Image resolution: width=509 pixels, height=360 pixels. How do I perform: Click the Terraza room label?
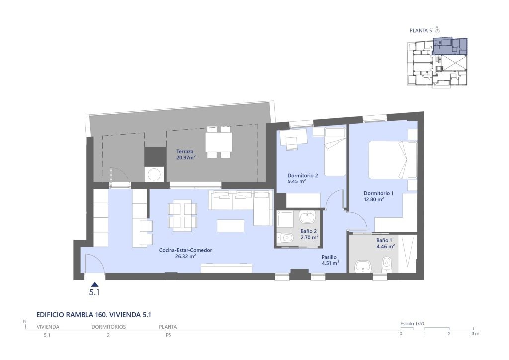(x=185, y=151)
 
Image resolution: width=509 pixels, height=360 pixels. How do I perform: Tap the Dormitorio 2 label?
(x=303, y=176)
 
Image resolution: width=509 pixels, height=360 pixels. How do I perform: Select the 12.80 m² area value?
(x=374, y=199)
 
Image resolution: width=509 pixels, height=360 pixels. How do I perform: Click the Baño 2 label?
(x=308, y=231)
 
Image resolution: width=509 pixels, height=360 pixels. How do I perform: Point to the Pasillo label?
(x=329, y=257)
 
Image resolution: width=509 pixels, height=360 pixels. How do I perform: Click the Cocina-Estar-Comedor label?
(x=185, y=250)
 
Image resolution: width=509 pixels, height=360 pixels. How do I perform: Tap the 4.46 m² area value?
(x=386, y=247)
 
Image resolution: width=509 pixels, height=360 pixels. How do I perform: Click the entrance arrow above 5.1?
(x=94, y=284)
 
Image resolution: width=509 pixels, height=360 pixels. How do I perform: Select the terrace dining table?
(x=219, y=142)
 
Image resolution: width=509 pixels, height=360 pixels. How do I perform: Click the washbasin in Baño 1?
(x=361, y=267)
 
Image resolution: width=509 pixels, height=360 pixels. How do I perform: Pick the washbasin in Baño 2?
(x=307, y=217)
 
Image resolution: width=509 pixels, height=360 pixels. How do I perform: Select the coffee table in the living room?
(x=231, y=226)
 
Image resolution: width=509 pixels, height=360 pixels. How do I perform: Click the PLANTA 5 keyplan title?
(x=421, y=31)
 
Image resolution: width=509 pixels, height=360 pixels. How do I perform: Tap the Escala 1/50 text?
(x=412, y=324)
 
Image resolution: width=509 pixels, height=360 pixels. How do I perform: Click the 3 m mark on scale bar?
(x=475, y=333)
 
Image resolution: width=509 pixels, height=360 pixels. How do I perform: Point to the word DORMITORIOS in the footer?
(x=109, y=327)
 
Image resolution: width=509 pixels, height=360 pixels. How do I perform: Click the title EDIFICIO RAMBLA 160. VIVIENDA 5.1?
(x=94, y=315)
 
